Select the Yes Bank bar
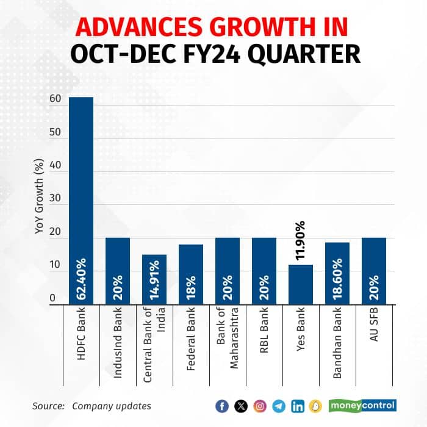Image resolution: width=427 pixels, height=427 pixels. [x=300, y=284]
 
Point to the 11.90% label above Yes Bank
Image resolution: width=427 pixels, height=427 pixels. [x=300, y=242]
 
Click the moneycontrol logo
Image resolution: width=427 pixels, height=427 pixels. [x=363, y=405]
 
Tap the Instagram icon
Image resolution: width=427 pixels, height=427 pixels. [x=260, y=406]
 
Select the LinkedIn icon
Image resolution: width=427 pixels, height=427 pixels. [x=298, y=406]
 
